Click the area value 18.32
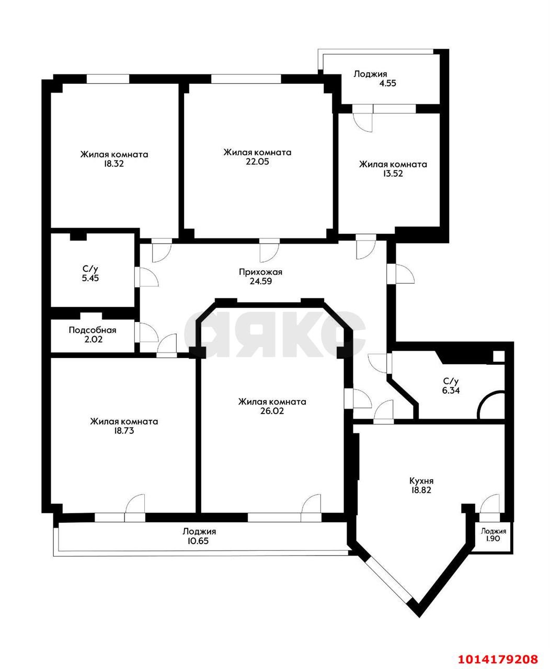coord(114,164)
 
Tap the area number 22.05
coord(257,162)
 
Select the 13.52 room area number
coord(393,174)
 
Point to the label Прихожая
coord(260,272)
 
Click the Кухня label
coord(421,481)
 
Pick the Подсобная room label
coord(93,330)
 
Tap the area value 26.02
coord(272,411)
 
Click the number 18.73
coord(124,431)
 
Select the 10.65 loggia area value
coord(199,541)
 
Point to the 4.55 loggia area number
coord(391,83)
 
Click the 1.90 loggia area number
coord(493,539)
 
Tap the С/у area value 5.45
coord(90,278)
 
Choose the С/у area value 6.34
coord(451,390)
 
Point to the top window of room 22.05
coord(246,79)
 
